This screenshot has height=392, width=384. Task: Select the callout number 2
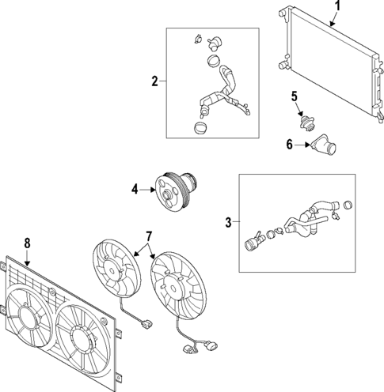(155, 80)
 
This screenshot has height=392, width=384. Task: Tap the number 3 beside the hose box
(228, 223)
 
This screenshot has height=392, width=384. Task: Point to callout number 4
(135, 189)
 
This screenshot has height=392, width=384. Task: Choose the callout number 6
(289, 145)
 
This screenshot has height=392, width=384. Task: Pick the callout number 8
(27, 243)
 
